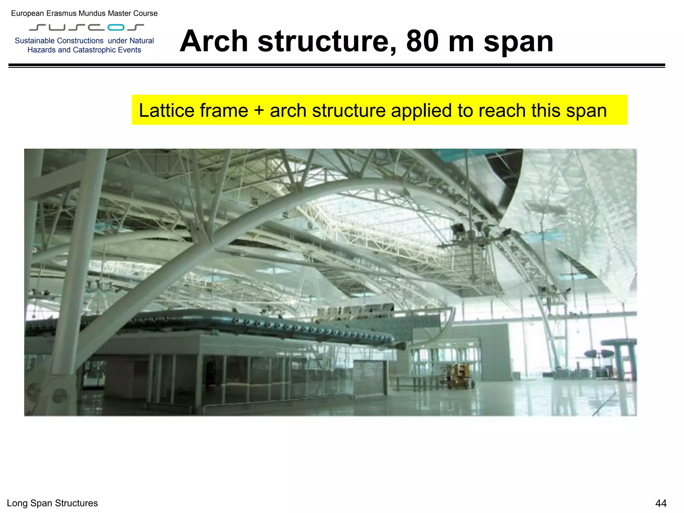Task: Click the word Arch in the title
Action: point(214,41)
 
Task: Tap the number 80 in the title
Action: point(422,41)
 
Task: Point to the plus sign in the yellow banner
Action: point(259,111)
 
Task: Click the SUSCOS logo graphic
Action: point(87,27)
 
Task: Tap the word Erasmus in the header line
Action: point(62,13)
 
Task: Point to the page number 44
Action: point(661,503)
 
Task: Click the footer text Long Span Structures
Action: point(52,503)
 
